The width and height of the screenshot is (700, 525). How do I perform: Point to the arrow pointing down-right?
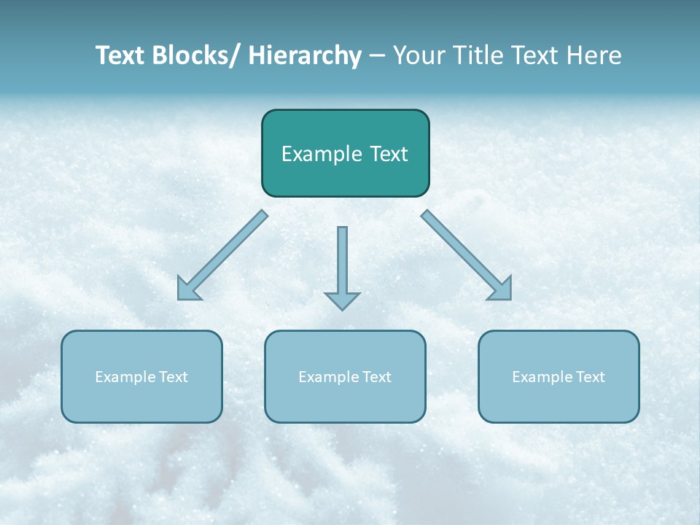click(x=467, y=255)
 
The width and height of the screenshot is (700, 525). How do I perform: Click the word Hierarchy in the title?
click(x=304, y=55)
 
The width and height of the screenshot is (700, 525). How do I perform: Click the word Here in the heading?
click(x=594, y=55)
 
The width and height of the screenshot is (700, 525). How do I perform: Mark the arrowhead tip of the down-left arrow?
click(x=179, y=297)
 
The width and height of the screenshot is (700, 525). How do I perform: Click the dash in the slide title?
click(x=377, y=56)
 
